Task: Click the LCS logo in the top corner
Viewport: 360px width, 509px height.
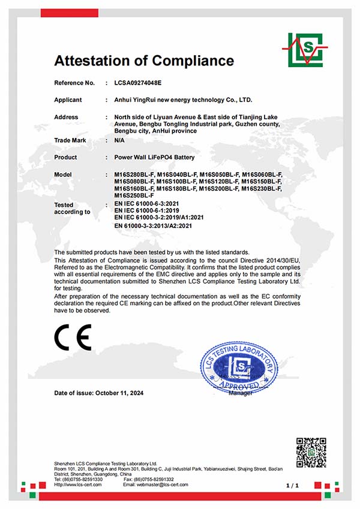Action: tap(304, 49)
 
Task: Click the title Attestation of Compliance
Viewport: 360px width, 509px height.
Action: tap(144, 61)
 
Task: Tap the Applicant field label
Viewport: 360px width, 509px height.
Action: tap(68, 100)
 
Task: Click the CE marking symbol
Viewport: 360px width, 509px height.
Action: tap(73, 338)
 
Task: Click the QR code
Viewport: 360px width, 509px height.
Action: tap(311, 453)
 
